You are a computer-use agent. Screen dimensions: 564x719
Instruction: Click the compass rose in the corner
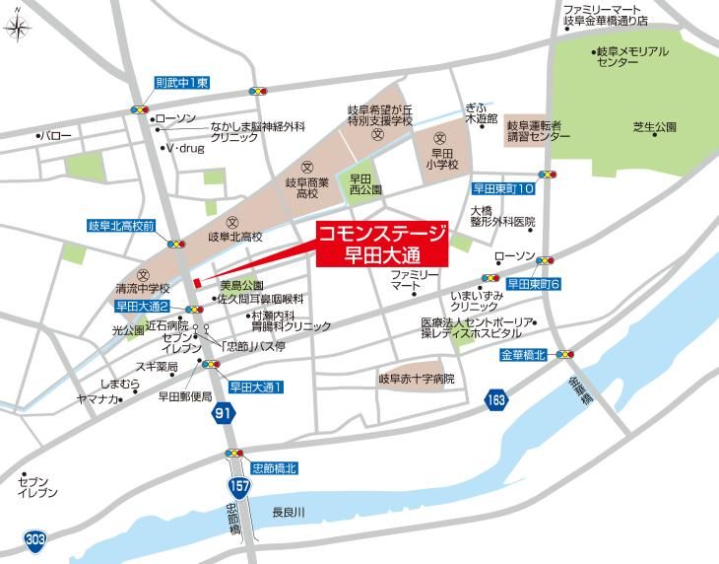coord(17,27)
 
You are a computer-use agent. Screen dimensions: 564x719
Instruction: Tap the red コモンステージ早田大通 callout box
coord(381,243)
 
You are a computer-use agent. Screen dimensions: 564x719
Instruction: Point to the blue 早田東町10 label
coord(503,187)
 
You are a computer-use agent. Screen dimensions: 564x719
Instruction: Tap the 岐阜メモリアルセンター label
coord(631,56)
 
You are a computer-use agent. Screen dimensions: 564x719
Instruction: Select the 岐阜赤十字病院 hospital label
coord(416,378)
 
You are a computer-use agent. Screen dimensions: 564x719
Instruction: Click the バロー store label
coord(56,135)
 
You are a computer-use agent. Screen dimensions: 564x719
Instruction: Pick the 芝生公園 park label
coord(655,127)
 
